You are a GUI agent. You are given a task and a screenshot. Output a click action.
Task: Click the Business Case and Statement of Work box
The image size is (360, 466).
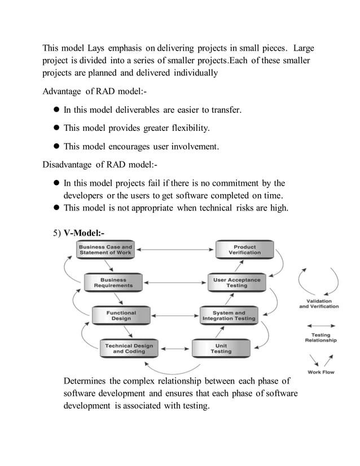[x=106, y=250]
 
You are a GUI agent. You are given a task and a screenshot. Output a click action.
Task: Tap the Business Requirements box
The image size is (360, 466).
[x=113, y=283]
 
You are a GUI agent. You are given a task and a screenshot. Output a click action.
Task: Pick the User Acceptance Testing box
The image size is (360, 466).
[x=236, y=283]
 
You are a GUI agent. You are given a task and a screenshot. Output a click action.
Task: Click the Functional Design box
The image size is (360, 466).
[x=121, y=315]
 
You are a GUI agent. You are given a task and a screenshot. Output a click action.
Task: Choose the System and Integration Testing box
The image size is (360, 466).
[x=229, y=315]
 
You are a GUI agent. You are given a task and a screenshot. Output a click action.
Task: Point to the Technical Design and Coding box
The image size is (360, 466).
[x=129, y=348]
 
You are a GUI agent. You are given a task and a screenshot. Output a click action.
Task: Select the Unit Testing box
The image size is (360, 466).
[x=221, y=348]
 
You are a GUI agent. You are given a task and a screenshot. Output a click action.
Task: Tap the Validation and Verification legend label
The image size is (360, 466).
[x=319, y=304]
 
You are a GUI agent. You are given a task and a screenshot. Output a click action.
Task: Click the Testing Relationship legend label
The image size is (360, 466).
[x=321, y=338]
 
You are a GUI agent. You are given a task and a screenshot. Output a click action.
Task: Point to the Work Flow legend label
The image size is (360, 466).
[x=321, y=372]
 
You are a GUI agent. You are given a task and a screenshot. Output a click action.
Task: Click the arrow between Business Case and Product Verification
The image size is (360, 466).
[x=174, y=249]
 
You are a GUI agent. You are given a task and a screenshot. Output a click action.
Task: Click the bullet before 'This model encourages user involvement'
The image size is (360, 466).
[x=56, y=147]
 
